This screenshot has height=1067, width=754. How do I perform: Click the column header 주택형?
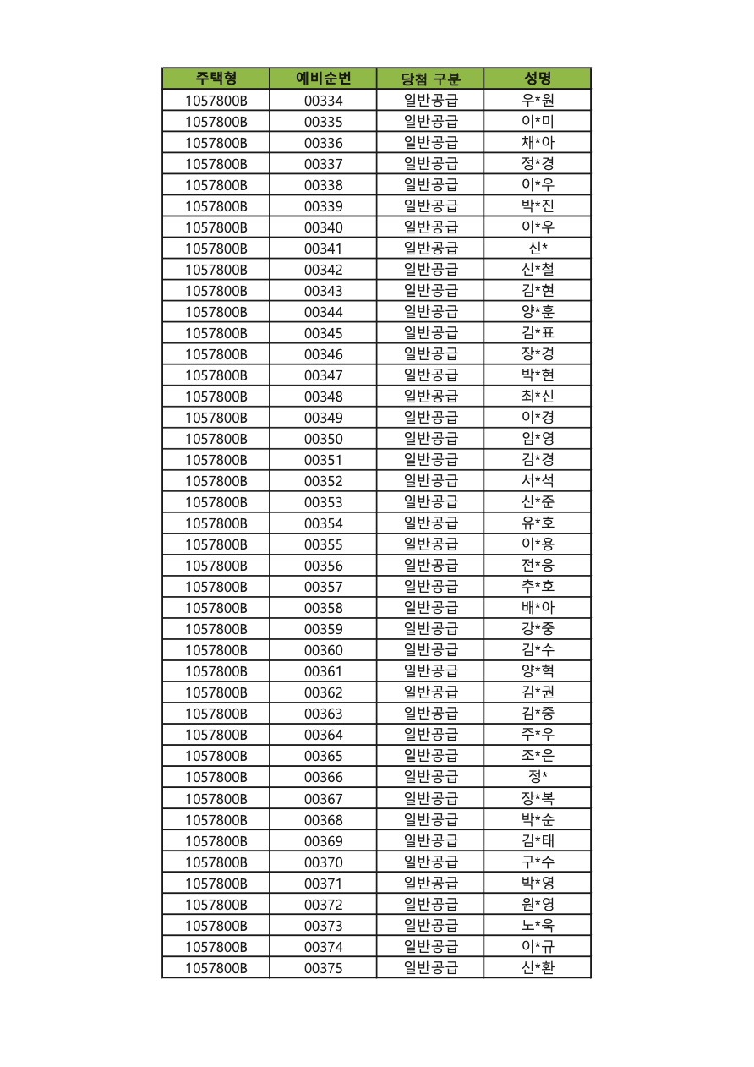(216, 79)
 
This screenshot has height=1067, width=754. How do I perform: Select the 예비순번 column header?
(323, 79)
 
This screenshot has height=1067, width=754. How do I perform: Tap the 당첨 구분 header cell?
(430, 79)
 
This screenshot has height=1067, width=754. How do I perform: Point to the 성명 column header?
(538, 79)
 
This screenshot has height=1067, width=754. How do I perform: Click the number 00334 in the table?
(323, 101)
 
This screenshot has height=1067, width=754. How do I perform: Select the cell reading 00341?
(323, 249)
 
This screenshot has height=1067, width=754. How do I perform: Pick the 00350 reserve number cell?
(323, 439)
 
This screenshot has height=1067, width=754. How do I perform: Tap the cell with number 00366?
(323, 777)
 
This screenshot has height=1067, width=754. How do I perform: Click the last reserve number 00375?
(323, 968)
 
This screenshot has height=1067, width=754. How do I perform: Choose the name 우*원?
(538, 101)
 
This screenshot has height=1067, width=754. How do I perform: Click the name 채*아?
(538, 143)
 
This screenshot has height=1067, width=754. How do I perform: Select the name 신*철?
(538, 270)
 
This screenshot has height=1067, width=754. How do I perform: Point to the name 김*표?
(538, 333)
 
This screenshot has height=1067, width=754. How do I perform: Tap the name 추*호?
(538, 587)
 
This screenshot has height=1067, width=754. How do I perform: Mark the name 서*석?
(538, 481)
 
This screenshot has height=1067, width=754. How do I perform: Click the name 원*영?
(538, 905)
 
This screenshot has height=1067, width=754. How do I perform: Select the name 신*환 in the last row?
(538, 968)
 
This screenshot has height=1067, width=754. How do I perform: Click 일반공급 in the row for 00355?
(430, 544)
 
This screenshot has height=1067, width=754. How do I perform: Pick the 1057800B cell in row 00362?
(216, 692)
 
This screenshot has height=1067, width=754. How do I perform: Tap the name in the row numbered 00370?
(538, 862)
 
